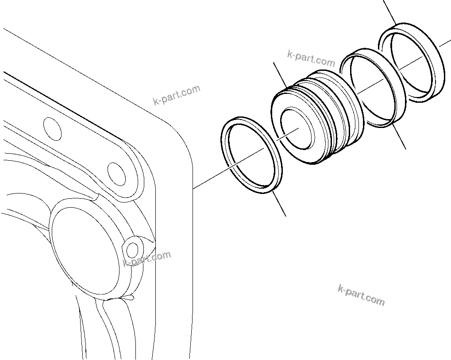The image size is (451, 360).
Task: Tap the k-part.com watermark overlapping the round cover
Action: tap(146, 259)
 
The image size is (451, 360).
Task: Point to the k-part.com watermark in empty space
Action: tap(361, 295)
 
